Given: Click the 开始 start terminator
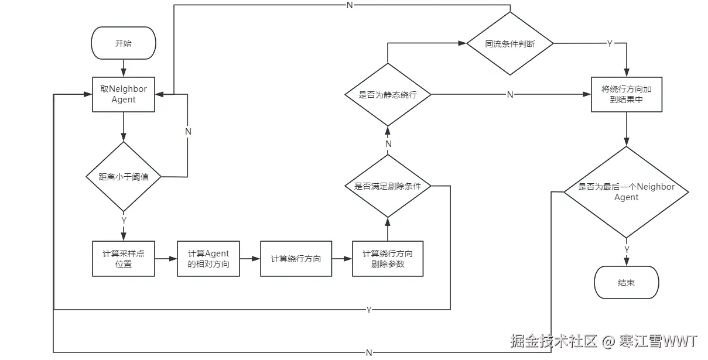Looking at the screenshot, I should click(x=124, y=43).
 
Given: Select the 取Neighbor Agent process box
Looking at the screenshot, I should click(x=124, y=94).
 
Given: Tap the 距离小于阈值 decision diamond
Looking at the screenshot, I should click(x=124, y=176).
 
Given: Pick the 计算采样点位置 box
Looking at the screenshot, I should click(x=124, y=259).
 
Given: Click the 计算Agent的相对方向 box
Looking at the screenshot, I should click(x=208, y=259).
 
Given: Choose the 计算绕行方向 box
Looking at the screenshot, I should click(x=296, y=259).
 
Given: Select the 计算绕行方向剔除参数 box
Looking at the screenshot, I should click(x=387, y=259).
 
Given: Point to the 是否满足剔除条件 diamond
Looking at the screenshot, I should click(x=387, y=186).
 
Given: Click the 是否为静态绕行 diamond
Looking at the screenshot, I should click(x=387, y=94).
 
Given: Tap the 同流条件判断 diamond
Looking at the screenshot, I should click(x=509, y=44).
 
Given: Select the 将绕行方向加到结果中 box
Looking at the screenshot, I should click(x=627, y=94).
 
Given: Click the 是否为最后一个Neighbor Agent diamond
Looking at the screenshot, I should click(x=626, y=192).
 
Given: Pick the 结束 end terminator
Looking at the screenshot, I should click(x=626, y=282).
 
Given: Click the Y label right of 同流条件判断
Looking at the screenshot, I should click(x=610, y=44).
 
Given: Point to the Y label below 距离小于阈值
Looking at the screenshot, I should click(x=124, y=220).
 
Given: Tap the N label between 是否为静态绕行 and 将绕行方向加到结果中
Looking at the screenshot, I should click(x=509, y=94).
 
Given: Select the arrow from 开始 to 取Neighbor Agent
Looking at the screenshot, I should click(x=124, y=68).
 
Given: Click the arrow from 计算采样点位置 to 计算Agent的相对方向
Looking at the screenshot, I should click(x=166, y=259).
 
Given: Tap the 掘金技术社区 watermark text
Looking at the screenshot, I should click(x=553, y=341).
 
